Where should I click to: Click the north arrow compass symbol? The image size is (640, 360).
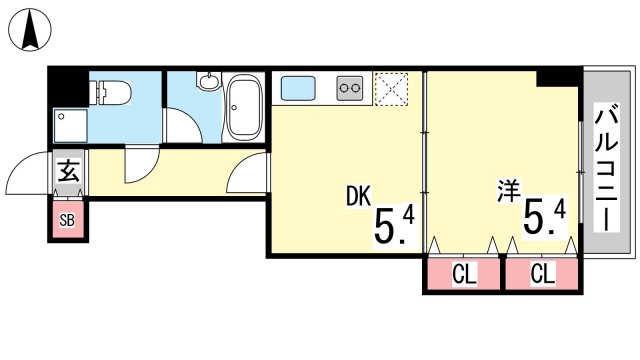pos(30,30)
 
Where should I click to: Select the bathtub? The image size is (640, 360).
pos(244,107)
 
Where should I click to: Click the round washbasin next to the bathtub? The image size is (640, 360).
pos(209,81)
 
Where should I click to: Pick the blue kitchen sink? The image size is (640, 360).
pos(298,88)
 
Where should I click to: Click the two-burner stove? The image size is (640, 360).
pos(350,88)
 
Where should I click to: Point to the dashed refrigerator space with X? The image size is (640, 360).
pos(391,89)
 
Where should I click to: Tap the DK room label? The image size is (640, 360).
pos(359,196)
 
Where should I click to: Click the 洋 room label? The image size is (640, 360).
pos(509,190)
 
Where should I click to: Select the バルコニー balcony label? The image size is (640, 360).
pos(607,167)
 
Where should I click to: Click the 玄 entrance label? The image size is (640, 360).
pos(69,171)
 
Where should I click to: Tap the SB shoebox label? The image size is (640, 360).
pos(67,220)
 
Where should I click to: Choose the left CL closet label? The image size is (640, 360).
pos(464,273)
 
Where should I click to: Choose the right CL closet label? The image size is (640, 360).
pos(543,273)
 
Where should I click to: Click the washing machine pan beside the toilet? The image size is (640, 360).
pos(71,126)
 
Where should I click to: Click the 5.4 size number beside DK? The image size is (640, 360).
pos(395,226)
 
